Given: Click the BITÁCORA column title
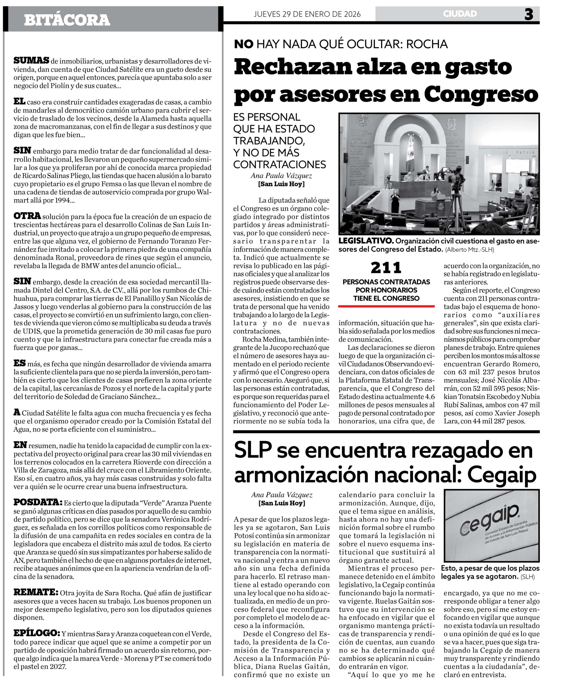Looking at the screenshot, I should (67, 20).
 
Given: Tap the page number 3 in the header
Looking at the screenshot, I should (529, 14).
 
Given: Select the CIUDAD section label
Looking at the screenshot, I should (460, 14).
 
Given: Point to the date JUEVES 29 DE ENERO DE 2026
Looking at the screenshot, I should (307, 14).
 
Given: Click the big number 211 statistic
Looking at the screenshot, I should (386, 268).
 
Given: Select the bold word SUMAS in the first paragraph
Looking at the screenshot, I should (31, 61).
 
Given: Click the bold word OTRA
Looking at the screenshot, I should (27, 216).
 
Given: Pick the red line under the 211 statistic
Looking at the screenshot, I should (386, 306).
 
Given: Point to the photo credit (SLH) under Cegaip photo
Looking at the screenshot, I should (528, 577).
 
